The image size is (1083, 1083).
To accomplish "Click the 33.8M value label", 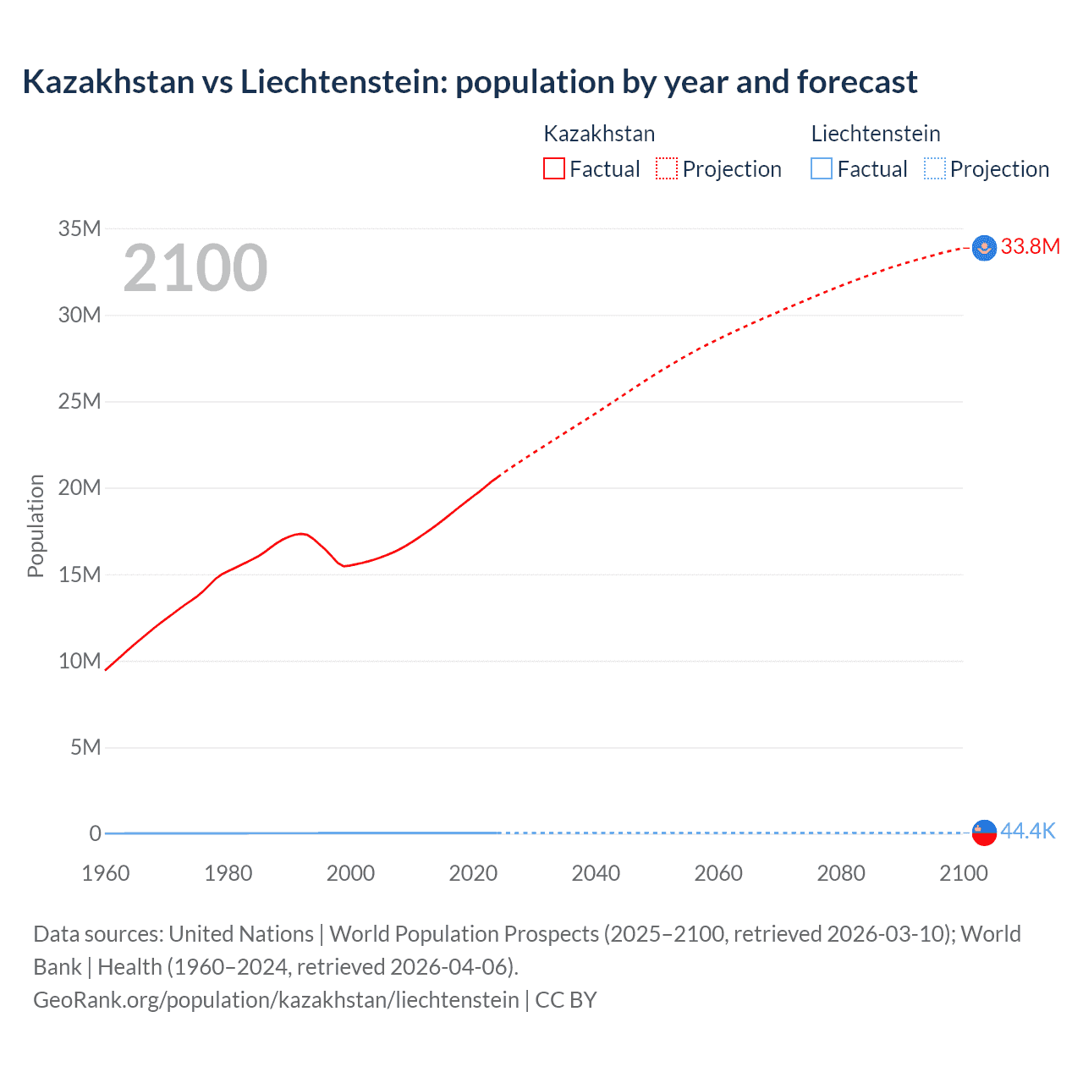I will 1030,246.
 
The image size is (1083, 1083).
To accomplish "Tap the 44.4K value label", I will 1027,831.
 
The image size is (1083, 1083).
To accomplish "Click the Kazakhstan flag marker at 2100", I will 984,248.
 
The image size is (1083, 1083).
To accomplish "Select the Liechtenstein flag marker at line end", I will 984,833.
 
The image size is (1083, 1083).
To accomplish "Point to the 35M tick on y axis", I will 80,228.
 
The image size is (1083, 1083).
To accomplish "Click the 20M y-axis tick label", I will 80,487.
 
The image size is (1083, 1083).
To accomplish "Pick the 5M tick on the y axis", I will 85,747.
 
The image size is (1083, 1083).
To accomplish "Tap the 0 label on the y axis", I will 95,833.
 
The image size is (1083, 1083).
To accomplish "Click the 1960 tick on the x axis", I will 106,873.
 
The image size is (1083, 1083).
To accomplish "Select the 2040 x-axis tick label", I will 596,873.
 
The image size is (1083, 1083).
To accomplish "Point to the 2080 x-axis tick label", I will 841,873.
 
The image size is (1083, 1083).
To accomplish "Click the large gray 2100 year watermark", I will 195,268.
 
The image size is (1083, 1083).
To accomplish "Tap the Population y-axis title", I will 36,525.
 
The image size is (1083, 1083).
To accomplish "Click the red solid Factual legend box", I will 554,168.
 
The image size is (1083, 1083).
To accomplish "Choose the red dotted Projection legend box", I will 667,168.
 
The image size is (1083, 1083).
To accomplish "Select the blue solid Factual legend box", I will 822,168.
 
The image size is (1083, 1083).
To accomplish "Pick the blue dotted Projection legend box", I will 934,168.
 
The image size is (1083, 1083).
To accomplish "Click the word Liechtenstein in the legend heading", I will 876,134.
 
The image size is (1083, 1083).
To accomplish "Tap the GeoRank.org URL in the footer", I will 276,999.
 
